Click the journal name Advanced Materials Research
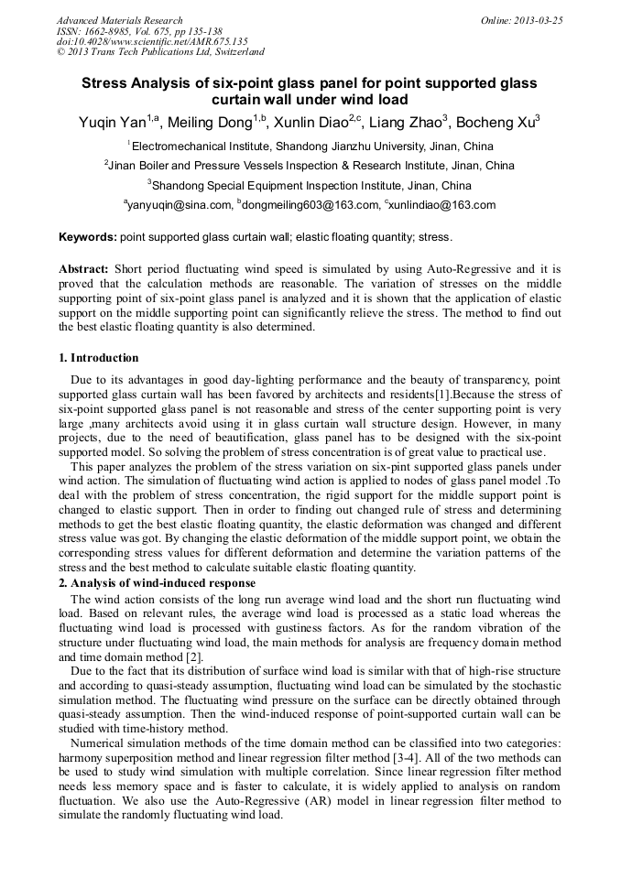pos(120,20)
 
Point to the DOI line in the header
pos(152,42)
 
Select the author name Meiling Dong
pos(211,122)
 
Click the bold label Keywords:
pos(88,237)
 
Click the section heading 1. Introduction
pos(99,358)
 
